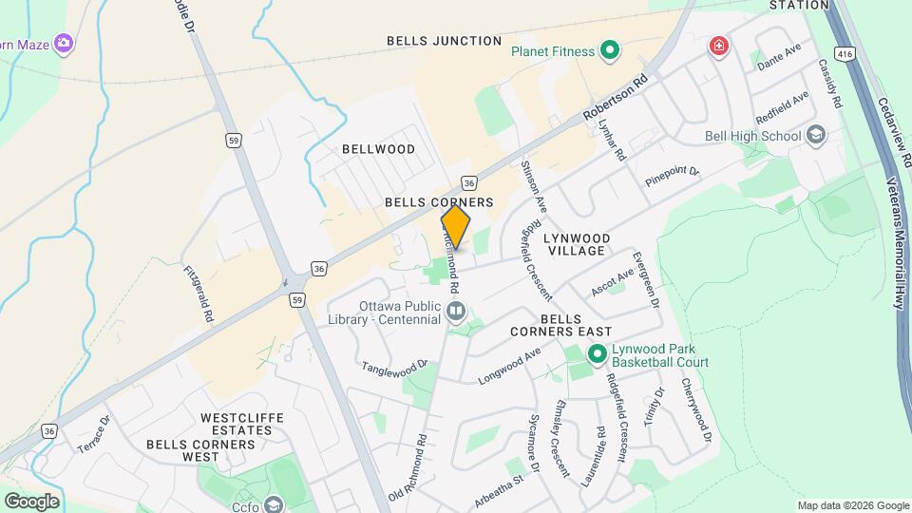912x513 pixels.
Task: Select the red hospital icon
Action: click(x=719, y=46)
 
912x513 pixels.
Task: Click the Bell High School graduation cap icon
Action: click(x=815, y=136)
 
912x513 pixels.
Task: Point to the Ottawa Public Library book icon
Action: click(x=456, y=311)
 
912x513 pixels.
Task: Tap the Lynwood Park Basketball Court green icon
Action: click(x=597, y=355)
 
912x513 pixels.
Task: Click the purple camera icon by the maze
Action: click(x=64, y=42)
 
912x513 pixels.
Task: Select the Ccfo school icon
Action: click(x=275, y=504)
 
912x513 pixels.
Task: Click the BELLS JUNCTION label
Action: click(x=444, y=41)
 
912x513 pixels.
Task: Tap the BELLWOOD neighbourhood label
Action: click(x=379, y=149)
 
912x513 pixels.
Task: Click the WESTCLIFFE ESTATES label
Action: click(x=236, y=424)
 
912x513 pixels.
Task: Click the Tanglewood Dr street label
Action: click(x=395, y=367)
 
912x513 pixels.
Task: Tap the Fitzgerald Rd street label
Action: click(x=199, y=293)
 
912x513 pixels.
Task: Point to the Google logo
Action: click(x=31, y=502)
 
